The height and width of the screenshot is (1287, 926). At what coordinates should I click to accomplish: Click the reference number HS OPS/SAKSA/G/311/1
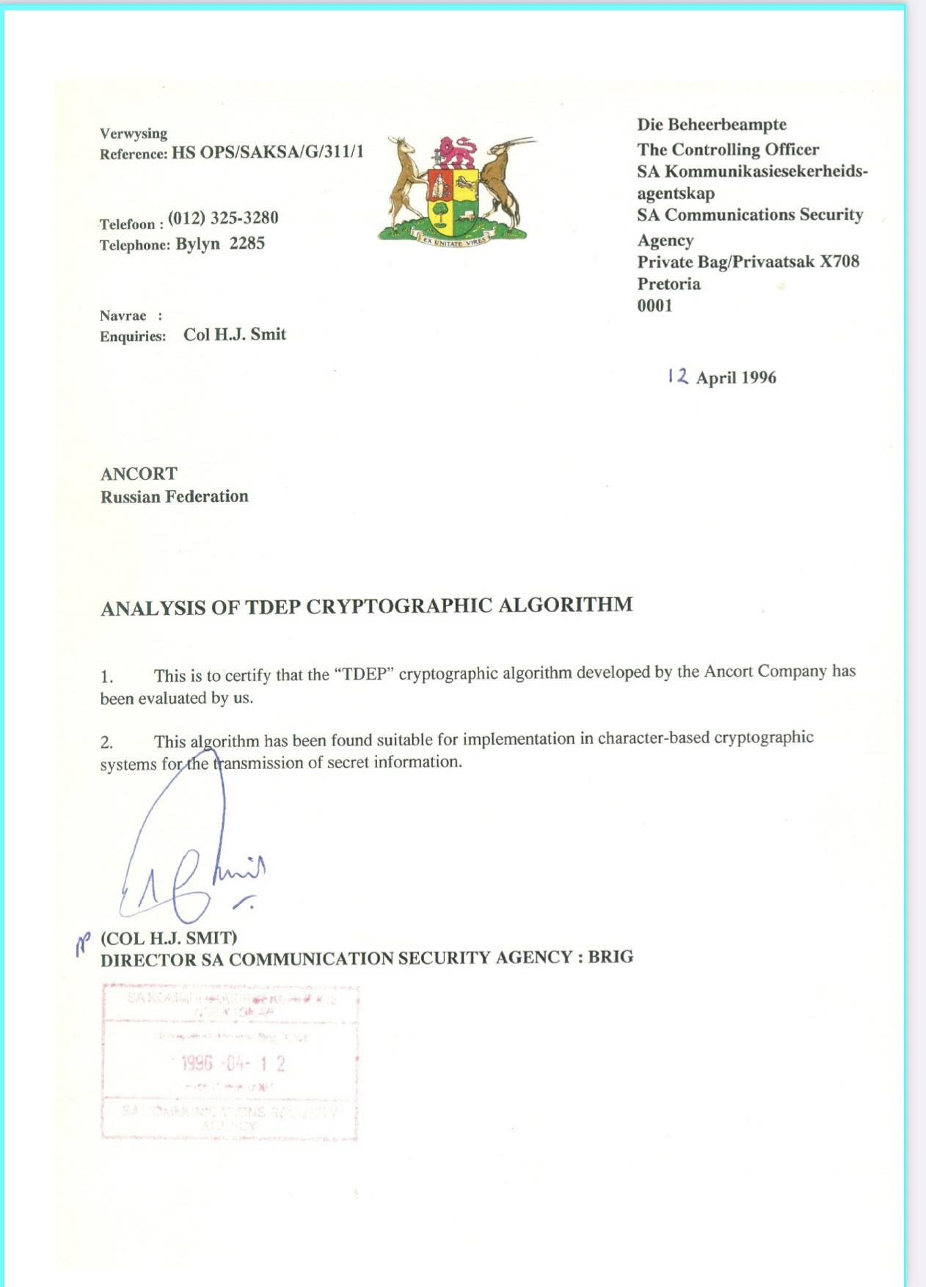[267, 152]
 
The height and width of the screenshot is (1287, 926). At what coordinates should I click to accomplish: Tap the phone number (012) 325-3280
[223, 218]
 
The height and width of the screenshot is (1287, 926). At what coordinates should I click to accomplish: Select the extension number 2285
[247, 244]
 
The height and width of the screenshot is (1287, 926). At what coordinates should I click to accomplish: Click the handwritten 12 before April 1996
[678, 376]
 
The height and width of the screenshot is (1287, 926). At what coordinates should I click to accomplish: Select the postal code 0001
[655, 306]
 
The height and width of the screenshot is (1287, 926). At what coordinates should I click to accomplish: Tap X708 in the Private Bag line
[839, 262]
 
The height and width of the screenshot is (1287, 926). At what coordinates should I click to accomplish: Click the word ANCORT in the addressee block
[139, 473]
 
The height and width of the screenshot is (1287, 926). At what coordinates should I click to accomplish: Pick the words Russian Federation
[175, 497]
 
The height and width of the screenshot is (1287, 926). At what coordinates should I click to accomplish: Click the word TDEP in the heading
[272, 608]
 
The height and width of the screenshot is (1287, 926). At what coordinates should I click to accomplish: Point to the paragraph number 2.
[106, 743]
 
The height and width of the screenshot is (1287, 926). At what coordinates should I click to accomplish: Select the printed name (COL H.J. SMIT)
[169, 938]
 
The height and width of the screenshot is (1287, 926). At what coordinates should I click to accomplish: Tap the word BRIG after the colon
[610, 957]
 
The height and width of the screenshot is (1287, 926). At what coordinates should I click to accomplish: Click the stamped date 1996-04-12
[233, 1063]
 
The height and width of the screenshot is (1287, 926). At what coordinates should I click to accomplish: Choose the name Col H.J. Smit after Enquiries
[234, 335]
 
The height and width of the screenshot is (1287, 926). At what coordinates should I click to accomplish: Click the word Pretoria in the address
[668, 284]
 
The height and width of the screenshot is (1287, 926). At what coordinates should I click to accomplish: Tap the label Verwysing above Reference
[134, 134]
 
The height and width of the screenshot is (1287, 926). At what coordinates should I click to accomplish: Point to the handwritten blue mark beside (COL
[83, 944]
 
